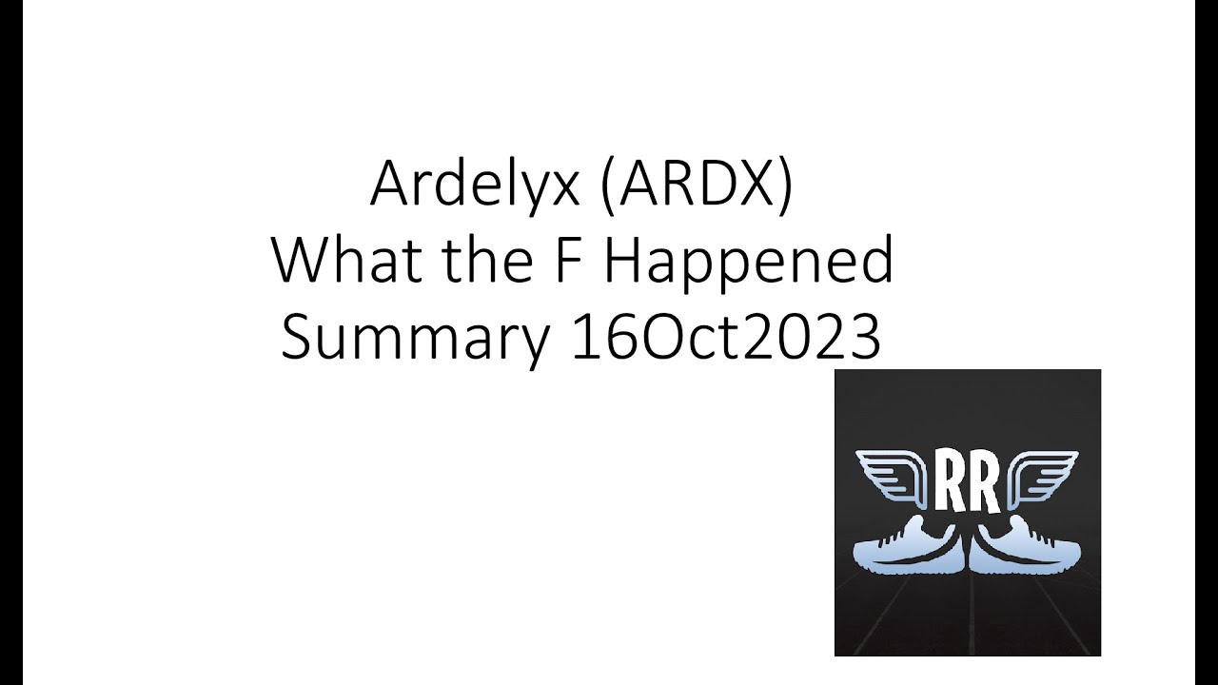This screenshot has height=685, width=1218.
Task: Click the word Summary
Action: [415, 340]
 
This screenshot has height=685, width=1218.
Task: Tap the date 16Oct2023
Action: [726, 338]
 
